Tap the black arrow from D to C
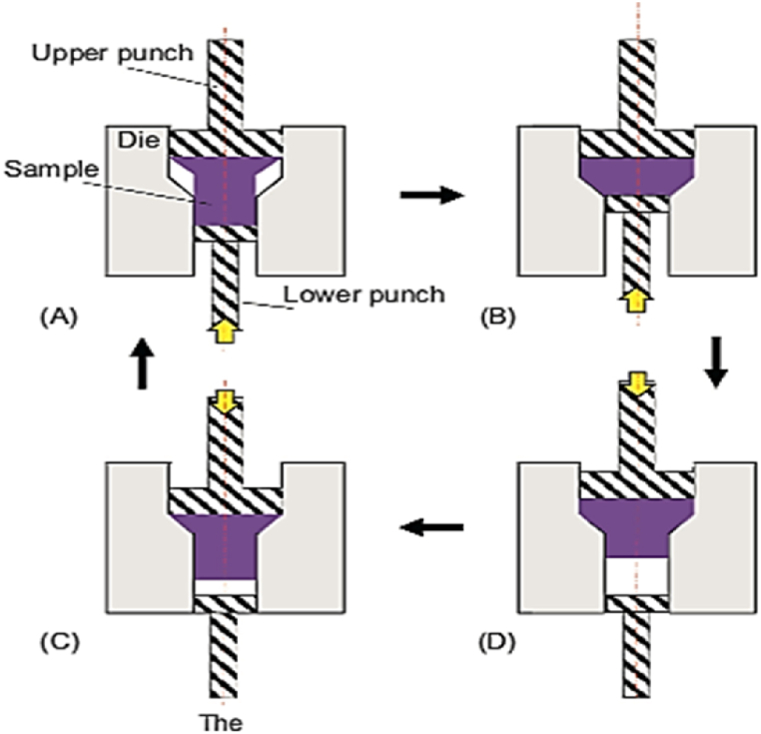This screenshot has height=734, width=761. [431, 526]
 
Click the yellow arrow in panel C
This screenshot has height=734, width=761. [226, 402]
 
